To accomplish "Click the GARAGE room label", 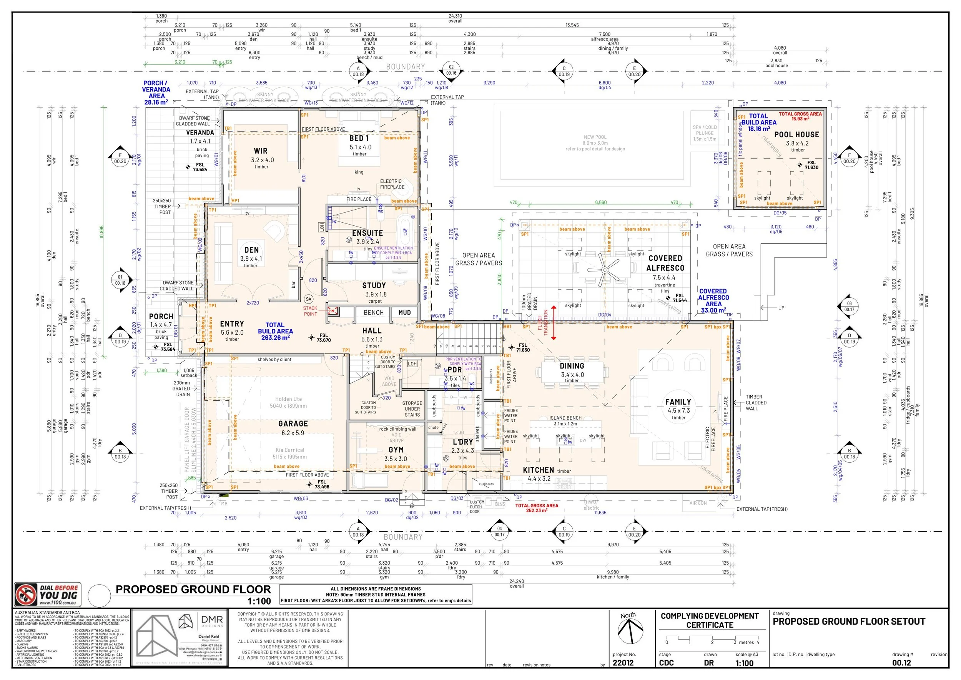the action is pos(293,424).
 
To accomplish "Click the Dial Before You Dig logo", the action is pos(48,595).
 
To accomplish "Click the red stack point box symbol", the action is pos(333,311).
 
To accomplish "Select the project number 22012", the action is pos(623,663).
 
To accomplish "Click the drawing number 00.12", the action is pos(901,663).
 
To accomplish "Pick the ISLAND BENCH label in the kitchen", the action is pos(565,418).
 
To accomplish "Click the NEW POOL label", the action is pos(595,137).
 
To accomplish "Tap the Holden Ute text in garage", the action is pos(288,399).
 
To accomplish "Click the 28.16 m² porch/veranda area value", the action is pos(156,102).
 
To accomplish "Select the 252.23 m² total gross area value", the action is pos(537,510).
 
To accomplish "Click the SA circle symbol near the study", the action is pos(308,299).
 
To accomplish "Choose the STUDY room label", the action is pos(374,285).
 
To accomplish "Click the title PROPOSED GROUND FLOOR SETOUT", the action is pos(849,622).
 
